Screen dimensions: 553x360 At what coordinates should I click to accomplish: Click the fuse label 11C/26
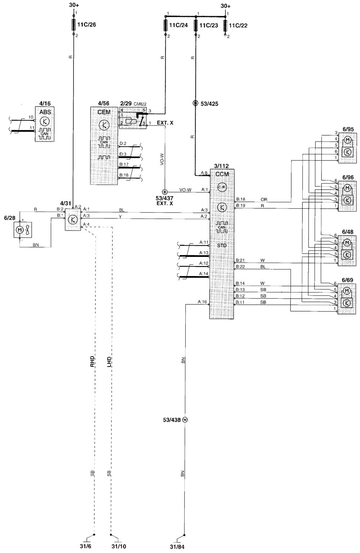[86, 26]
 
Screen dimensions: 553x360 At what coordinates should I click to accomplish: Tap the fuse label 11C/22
[238, 26]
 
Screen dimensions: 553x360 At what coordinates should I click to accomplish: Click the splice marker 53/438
[185, 420]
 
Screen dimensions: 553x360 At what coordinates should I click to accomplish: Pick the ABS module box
[45, 123]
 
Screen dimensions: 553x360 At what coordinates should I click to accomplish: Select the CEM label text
[104, 112]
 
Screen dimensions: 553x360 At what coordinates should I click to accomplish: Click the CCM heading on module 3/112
[222, 174]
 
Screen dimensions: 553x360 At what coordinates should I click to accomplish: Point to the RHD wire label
[92, 361]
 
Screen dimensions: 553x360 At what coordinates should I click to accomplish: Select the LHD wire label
[109, 361]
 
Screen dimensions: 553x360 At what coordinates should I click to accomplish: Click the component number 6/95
[348, 129]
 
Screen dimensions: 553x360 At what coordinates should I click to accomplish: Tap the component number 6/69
[348, 280]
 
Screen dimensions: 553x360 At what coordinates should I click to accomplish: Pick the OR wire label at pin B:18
[264, 199]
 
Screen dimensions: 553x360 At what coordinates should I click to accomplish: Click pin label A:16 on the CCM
[202, 302]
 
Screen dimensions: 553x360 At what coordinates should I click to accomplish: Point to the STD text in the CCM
[222, 246]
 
